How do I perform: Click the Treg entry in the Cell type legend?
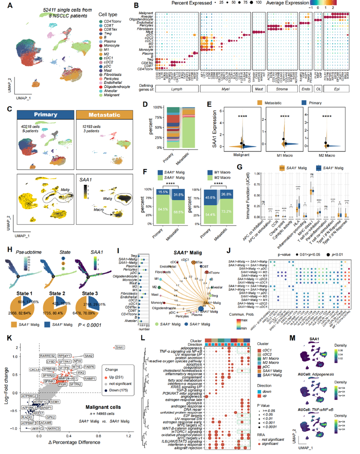[x=108, y=33]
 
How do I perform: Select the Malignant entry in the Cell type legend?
[x=112, y=95]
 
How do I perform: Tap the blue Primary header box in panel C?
[x=45, y=114]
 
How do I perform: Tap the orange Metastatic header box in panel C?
[x=104, y=114]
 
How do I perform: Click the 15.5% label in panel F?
[x=163, y=192]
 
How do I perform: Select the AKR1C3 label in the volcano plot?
[x=54, y=429]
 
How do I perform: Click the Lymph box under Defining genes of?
[x=177, y=88]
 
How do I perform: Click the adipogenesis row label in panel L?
[x=191, y=348]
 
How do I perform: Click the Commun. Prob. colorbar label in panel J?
[x=242, y=314]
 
